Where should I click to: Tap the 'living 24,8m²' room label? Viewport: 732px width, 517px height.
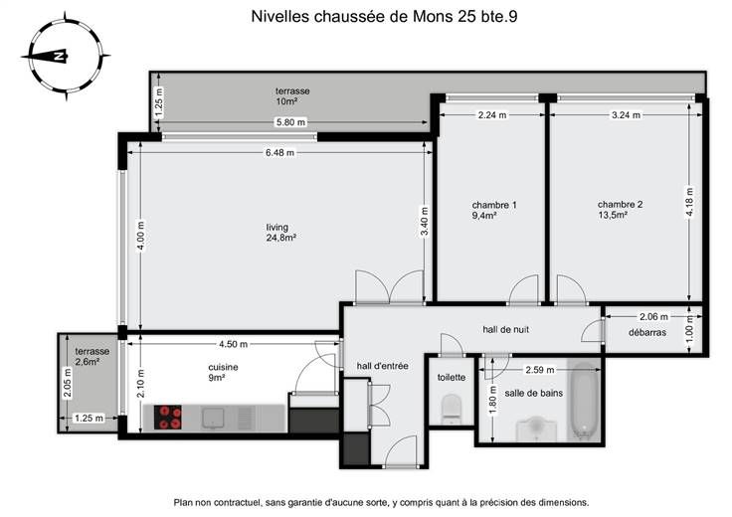click(281, 233)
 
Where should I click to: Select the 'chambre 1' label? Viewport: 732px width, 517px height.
click(494, 205)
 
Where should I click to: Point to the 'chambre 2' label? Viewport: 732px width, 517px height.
click(620, 205)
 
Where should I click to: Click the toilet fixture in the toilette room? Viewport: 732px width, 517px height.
click(451, 410)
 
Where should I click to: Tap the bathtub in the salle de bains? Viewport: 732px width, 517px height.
click(584, 401)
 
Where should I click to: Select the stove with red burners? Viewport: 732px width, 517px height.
click(168, 418)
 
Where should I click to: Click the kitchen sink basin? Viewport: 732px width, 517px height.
click(213, 418)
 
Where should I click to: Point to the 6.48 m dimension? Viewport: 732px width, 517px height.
click(280, 152)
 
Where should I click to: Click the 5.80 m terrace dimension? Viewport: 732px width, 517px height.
click(290, 122)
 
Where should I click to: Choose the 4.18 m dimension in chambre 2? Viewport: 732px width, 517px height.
click(689, 202)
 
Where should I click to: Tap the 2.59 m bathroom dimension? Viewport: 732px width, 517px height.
click(540, 370)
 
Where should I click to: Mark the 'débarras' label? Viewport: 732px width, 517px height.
click(647, 333)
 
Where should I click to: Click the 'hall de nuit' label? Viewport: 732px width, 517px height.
click(506, 329)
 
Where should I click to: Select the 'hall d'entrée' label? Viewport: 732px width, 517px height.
click(382, 366)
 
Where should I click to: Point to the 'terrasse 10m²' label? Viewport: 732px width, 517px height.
click(292, 96)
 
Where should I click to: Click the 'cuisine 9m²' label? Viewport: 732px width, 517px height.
click(223, 373)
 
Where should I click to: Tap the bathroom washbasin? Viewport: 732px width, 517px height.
click(536, 429)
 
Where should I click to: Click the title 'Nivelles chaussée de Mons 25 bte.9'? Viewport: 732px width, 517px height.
click(384, 16)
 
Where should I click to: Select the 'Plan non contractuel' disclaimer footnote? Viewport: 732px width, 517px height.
click(381, 502)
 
